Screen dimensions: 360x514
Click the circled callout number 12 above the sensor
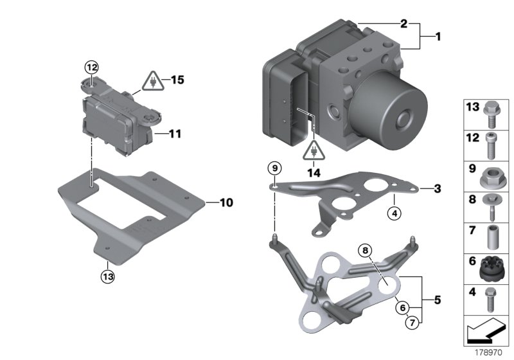click(91, 66)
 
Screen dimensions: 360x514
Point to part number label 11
click(174, 134)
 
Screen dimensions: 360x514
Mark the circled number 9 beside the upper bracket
click(275, 168)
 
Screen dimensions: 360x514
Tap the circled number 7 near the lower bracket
click(411, 321)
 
